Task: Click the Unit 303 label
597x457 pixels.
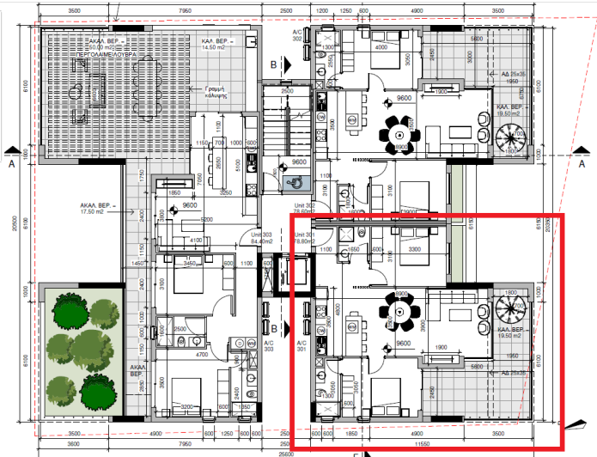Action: pyautogui.click(x=260, y=235)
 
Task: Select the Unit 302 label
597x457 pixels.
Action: pyautogui.click(x=306, y=206)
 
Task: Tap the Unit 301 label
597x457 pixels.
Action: pyautogui.click(x=306, y=235)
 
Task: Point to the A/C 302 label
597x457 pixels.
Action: pyautogui.click(x=297, y=35)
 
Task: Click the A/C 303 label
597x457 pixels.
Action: pyautogui.click(x=268, y=346)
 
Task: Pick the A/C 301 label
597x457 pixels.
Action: pyautogui.click(x=301, y=346)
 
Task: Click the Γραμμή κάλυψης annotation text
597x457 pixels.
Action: pyautogui.click(x=215, y=92)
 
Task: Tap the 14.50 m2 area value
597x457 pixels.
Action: pyautogui.click(x=216, y=47)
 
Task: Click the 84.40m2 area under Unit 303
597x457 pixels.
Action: pyautogui.click(x=261, y=241)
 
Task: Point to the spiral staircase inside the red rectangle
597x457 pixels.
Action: pyautogui.click(x=514, y=310)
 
